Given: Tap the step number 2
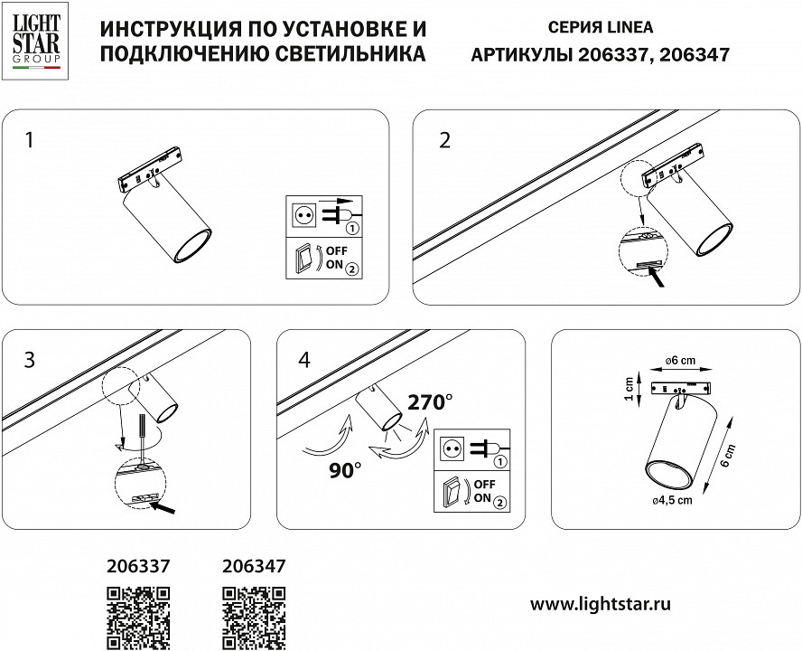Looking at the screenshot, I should click(444, 140).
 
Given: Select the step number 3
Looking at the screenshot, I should click(30, 359).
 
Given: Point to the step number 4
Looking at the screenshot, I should click(303, 359).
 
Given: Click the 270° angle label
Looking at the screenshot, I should click(430, 402).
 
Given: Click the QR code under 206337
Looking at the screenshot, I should click(138, 618).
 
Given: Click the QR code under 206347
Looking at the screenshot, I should click(254, 618).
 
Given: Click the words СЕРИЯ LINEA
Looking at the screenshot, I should click(601, 29).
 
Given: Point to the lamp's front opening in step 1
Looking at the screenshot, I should click(191, 247).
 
